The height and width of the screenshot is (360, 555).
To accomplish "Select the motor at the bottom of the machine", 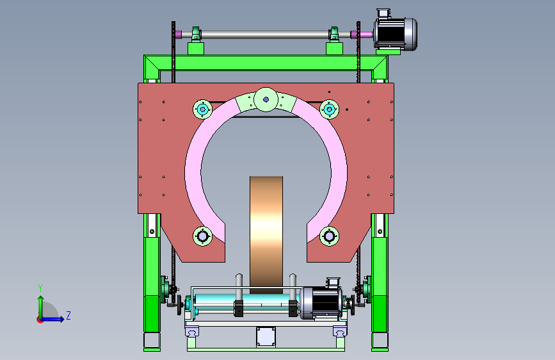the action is [321, 300].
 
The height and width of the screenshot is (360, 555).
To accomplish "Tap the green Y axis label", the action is [40, 288].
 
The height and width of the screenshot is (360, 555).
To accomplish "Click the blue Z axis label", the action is [68, 315].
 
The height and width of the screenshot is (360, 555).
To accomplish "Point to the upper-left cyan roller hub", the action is [202, 110].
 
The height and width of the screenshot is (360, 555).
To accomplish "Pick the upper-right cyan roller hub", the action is [329, 110].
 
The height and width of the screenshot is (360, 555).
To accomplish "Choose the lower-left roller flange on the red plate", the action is [202, 236].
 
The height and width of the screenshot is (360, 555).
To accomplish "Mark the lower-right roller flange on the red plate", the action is [329, 236].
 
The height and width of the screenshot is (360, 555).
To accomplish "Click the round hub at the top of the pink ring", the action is [266, 99].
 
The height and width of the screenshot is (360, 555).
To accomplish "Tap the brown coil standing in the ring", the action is [266, 234].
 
